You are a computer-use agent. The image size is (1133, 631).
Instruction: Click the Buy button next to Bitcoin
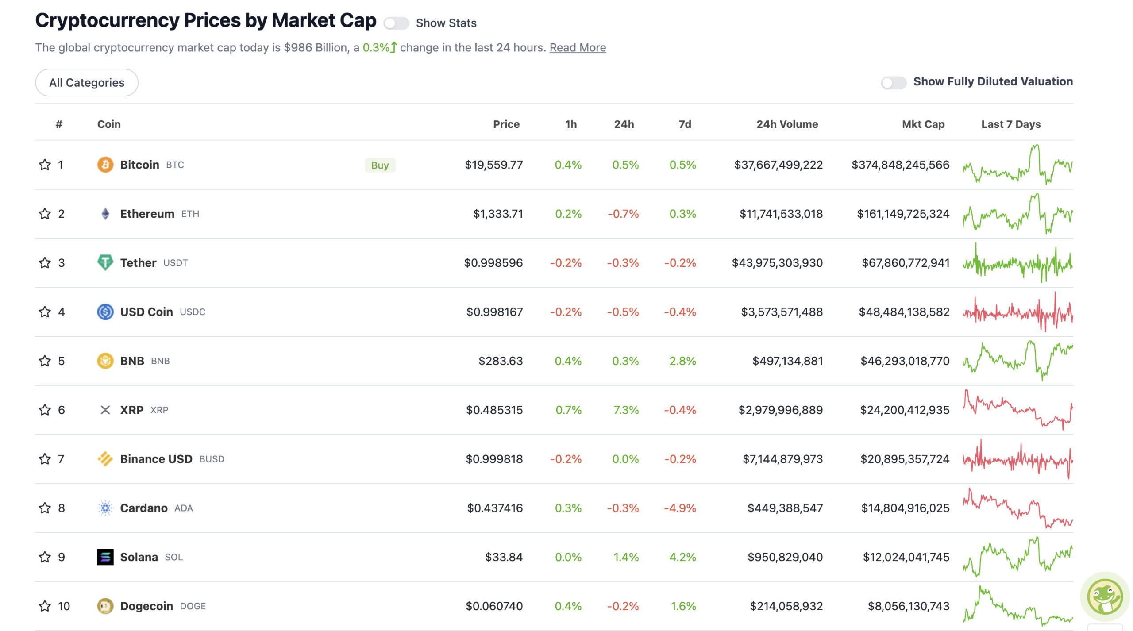tap(380, 165)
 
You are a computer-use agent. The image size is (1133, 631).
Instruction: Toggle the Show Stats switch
tap(396, 23)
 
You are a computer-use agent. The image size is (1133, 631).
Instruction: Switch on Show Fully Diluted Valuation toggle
tap(893, 82)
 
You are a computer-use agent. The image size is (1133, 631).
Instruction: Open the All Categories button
tap(87, 83)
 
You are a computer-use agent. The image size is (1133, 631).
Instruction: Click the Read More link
tap(578, 47)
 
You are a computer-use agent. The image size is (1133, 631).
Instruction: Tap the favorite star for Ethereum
tap(45, 214)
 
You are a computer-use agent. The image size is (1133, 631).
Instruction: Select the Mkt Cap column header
tap(923, 124)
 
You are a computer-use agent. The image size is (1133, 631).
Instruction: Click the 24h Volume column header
tap(787, 124)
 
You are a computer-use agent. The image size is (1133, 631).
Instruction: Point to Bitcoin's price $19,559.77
tap(493, 165)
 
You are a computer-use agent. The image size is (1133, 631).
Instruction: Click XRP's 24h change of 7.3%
tap(625, 410)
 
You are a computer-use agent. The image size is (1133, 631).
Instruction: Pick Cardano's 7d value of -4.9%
tap(680, 508)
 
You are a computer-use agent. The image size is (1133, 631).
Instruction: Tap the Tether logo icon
tap(105, 263)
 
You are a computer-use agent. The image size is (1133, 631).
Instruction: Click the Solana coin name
tap(139, 557)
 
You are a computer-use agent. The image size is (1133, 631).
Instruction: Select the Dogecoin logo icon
tap(105, 606)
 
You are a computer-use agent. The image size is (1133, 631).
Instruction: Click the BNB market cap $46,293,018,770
tap(905, 361)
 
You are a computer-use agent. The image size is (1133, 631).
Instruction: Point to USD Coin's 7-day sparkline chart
tap(1017, 312)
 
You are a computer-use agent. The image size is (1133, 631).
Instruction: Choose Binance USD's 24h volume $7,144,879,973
tap(782, 459)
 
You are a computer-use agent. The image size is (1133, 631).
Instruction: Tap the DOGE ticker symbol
tap(193, 606)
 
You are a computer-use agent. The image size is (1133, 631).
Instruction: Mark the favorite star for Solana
tap(45, 557)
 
